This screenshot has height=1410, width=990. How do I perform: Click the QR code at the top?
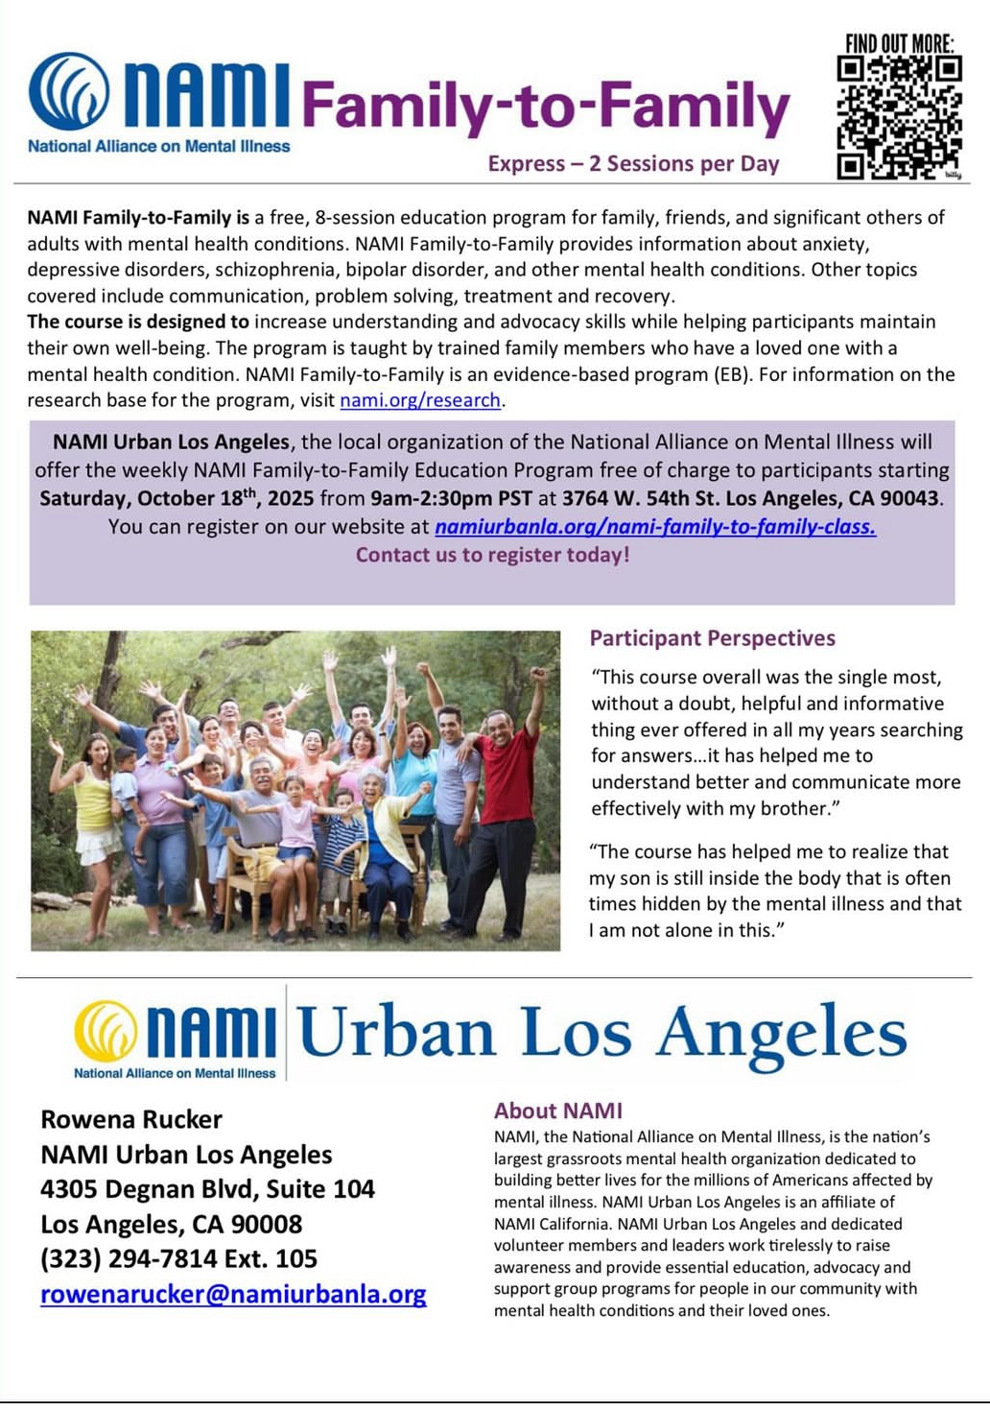pos(899,117)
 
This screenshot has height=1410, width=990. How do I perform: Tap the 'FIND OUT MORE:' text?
pos(899,43)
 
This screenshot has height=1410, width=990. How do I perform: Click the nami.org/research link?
pos(420,400)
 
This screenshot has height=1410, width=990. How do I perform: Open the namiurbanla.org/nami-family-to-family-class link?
pos(654,526)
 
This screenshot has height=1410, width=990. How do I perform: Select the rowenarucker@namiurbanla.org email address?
pos(233,1294)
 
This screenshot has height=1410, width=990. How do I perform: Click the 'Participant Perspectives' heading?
pos(712,638)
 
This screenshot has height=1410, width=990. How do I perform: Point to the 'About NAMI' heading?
pos(557,1111)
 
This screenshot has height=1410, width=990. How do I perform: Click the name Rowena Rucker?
pos(131,1119)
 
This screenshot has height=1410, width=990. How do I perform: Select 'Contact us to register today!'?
pos(492,555)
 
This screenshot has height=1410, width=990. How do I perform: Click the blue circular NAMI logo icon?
pos(69,92)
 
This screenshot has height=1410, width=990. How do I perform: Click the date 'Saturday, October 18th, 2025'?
pos(177,498)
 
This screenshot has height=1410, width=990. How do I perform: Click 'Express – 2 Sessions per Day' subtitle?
pos(633,164)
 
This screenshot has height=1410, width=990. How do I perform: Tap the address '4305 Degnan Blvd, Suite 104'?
pos(207,1189)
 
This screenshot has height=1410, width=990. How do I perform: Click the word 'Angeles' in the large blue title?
pos(781,1035)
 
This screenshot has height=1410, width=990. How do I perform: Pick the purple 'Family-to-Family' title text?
pos(545,108)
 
